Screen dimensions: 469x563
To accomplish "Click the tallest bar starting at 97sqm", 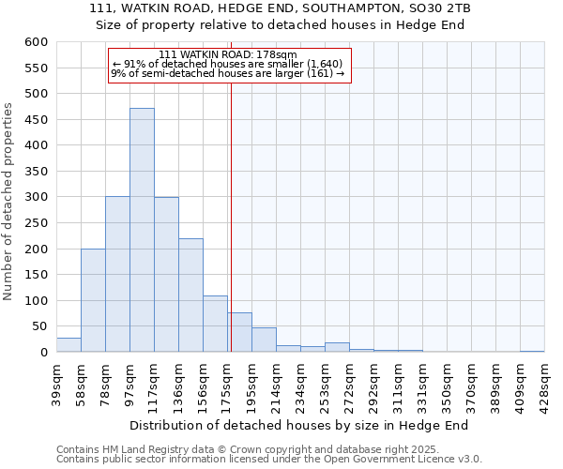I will click(142, 230).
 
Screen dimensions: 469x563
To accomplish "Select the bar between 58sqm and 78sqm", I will click(93, 300).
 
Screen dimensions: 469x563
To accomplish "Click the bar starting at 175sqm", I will click(239, 333).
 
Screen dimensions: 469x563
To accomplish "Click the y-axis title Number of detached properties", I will click(9, 202).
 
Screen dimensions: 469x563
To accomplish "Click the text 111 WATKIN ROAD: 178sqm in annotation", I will click(228, 54).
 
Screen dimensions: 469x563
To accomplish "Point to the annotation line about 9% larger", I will click(228, 73).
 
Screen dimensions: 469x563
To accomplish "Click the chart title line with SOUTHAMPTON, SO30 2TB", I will click(281, 8).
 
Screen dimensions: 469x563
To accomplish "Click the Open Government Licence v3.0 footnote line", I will click(269, 459).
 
